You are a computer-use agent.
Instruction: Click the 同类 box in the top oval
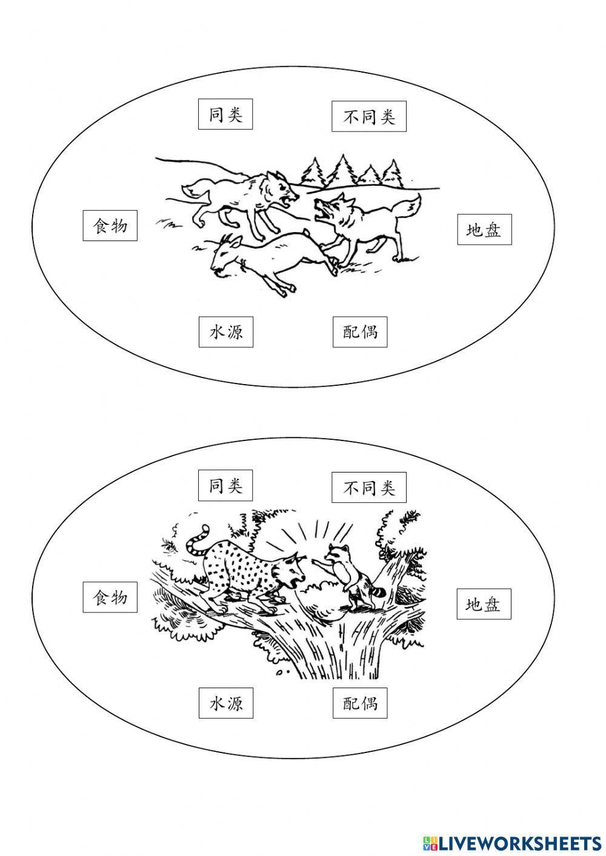click(225, 115)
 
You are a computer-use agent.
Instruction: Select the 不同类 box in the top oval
click(368, 117)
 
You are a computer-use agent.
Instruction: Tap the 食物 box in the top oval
click(110, 226)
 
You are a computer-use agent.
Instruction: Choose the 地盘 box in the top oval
click(484, 230)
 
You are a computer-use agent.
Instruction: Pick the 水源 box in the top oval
click(225, 332)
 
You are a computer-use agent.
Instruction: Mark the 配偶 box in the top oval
click(359, 332)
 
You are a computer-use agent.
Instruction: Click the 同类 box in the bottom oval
click(225, 486)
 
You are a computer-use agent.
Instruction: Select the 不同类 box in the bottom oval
click(368, 488)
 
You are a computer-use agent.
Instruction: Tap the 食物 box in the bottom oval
click(110, 597)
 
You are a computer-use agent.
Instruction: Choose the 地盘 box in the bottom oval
click(483, 604)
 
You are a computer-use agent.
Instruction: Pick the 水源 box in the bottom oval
click(225, 703)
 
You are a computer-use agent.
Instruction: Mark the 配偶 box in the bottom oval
click(359, 703)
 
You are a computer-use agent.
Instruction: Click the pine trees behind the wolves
click(351, 171)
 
